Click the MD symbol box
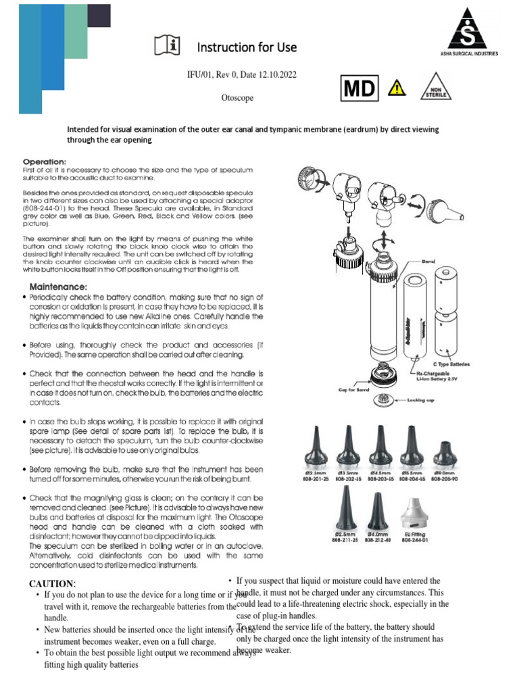pos(362,89)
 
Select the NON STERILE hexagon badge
pos(433,89)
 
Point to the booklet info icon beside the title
pos(168,46)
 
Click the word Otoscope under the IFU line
pos(237,98)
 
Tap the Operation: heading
pos(45,162)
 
